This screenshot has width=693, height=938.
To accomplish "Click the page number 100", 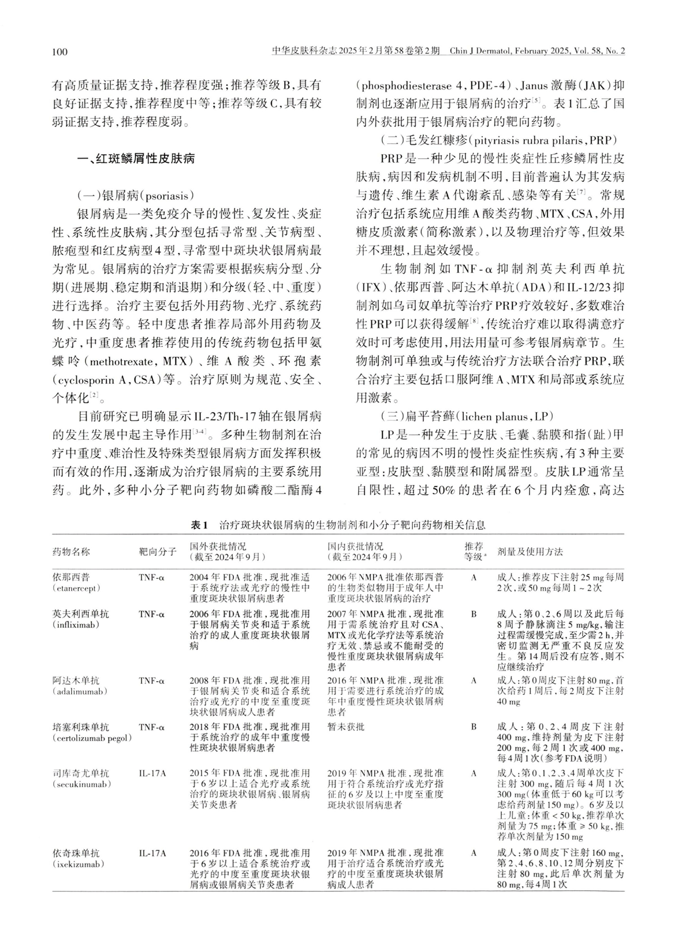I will point(59,53).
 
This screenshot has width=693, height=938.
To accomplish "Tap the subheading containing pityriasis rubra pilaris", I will point(500,140).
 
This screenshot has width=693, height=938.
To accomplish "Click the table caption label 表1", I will point(199,525).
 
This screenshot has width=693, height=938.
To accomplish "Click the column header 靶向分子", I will point(157,552).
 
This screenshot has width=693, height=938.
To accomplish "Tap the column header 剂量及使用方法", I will point(530,552).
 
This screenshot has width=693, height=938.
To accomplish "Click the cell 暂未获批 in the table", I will point(346,727).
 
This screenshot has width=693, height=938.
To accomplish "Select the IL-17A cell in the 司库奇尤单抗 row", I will point(152,773).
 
